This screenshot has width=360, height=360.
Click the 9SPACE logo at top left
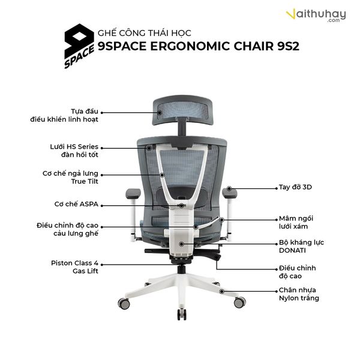pos(79,46)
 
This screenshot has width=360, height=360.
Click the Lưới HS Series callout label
pos(74,150)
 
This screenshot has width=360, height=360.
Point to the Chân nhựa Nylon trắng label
pos(299,294)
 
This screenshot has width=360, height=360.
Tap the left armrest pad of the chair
pos(133,193)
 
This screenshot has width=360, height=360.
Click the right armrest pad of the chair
pos(229,193)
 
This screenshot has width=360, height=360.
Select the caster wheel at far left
pos(125,304)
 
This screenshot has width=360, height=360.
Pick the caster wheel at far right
pos(239,302)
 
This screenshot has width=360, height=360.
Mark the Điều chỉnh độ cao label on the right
pos(297,272)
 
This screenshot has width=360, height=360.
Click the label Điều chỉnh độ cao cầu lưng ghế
pos(67,229)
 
